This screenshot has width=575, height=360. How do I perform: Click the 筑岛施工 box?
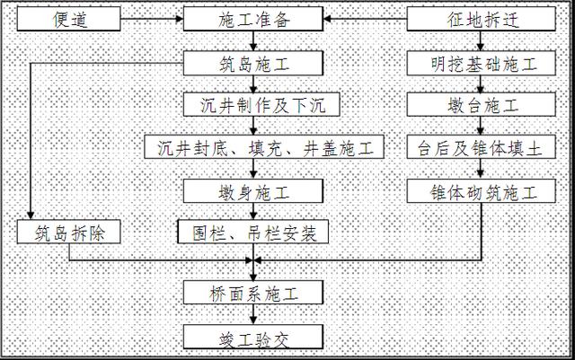(x=255, y=64)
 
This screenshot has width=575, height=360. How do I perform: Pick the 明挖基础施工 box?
(x=483, y=64)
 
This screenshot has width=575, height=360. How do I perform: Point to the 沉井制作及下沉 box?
(x=255, y=105)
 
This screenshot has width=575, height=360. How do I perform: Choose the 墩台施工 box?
(x=483, y=105)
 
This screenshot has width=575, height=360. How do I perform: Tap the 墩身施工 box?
(x=255, y=191)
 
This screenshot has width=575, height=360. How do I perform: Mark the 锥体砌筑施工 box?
(x=483, y=191)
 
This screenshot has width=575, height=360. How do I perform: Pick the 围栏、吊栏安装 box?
(x=254, y=233)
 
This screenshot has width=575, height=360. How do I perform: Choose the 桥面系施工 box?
(x=255, y=293)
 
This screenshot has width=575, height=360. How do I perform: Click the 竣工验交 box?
(x=255, y=338)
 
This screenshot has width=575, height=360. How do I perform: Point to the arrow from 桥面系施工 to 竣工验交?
(x=255, y=315)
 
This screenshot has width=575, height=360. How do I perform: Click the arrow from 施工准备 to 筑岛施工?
(x=255, y=41)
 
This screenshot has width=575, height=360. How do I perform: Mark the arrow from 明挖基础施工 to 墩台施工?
(x=483, y=84)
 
